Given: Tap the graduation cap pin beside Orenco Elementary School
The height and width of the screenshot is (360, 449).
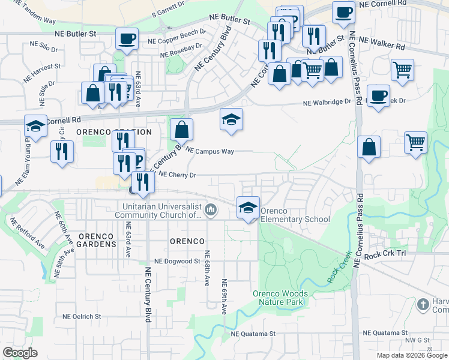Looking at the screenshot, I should pyautogui.click(x=248, y=207).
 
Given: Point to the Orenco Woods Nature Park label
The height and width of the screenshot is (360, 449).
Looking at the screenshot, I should pyautogui.click(x=280, y=298).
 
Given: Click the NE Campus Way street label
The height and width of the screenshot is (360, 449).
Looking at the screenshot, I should pyautogui.click(x=209, y=151).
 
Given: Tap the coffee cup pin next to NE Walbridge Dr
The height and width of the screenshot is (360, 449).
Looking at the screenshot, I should pyautogui.click(x=378, y=95).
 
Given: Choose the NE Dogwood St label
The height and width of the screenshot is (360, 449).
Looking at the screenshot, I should pyautogui.click(x=177, y=262).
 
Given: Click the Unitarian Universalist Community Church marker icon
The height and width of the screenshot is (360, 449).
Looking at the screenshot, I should pyautogui.click(x=211, y=210).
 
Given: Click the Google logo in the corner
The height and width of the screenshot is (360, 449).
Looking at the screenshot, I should pyautogui.click(x=20, y=353).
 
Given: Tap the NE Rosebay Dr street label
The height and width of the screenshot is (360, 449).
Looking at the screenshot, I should pyautogui.click(x=182, y=49).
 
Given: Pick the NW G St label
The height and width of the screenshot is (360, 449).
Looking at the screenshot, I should pyautogui.click(x=418, y=340).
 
